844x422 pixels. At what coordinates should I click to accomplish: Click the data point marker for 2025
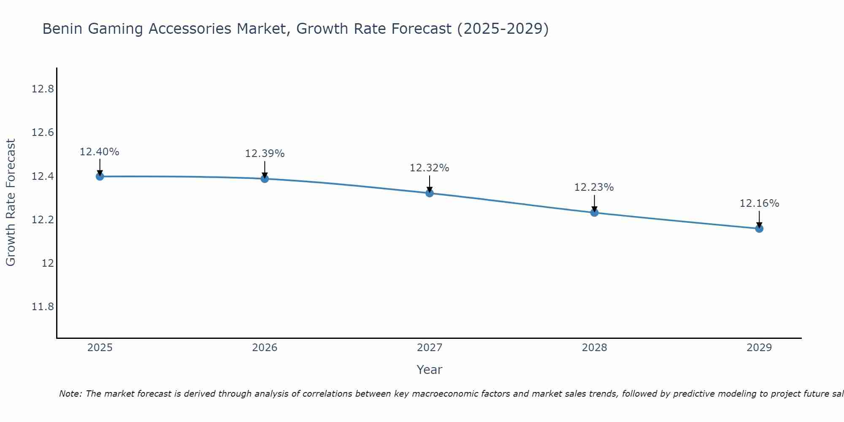click(100, 176)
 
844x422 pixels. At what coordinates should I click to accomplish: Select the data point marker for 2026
click(265, 179)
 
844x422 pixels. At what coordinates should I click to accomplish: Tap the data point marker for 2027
click(430, 193)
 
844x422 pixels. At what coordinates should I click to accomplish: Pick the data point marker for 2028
click(594, 213)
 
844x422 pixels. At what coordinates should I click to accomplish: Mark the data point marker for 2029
click(759, 229)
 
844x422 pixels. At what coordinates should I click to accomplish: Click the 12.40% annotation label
click(100, 152)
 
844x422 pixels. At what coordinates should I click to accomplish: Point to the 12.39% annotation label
click(265, 154)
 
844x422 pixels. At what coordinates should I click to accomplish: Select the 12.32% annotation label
click(430, 168)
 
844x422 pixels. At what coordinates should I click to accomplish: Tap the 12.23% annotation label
click(594, 187)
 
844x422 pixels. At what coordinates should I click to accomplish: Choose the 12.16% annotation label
click(759, 203)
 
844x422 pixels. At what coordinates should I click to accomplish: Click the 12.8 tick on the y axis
click(43, 89)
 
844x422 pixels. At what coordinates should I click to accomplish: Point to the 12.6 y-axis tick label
click(43, 133)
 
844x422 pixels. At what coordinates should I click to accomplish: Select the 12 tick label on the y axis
click(48, 263)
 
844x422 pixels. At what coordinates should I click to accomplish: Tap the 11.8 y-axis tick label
click(43, 306)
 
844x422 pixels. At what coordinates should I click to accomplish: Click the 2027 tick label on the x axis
click(430, 348)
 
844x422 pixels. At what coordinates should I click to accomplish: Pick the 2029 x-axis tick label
click(759, 348)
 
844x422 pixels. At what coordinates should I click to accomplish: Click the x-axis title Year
click(429, 370)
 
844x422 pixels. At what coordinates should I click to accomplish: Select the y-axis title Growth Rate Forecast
click(11, 203)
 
